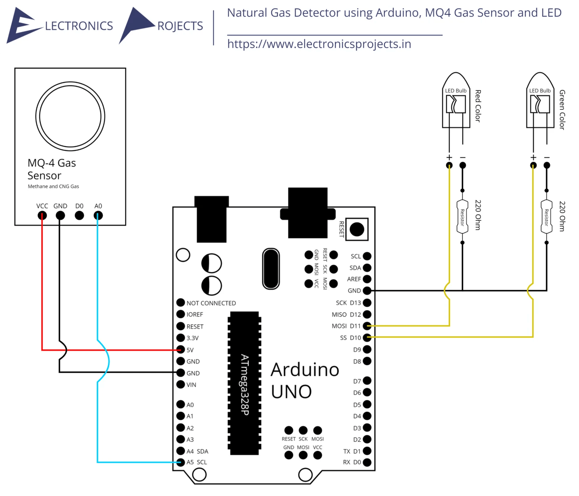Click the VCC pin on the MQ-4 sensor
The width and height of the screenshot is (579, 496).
click(x=42, y=216)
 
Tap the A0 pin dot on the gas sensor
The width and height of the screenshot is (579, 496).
click(x=98, y=216)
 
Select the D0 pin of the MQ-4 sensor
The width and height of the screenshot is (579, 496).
click(x=79, y=216)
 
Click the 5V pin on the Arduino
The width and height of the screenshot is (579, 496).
click(x=181, y=349)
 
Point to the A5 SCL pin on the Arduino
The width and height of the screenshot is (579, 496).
click(x=181, y=462)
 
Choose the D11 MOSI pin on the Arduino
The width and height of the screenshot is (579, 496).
click(x=367, y=326)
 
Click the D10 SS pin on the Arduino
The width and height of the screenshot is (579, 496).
click(x=367, y=338)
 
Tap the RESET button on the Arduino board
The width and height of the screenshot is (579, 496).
click(x=357, y=229)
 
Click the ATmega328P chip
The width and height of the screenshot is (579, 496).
click(x=245, y=383)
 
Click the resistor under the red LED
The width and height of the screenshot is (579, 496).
click(x=462, y=217)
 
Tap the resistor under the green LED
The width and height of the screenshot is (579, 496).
click(x=546, y=217)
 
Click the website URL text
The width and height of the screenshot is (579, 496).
click(x=319, y=44)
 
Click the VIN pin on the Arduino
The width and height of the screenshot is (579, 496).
click(x=181, y=384)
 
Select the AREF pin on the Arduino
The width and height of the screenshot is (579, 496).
click(x=367, y=279)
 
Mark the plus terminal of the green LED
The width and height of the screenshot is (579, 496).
click(x=533, y=165)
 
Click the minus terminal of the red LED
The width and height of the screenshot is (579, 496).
click(x=462, y=165)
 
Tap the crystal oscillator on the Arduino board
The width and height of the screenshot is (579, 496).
click(x=271, y=268)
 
